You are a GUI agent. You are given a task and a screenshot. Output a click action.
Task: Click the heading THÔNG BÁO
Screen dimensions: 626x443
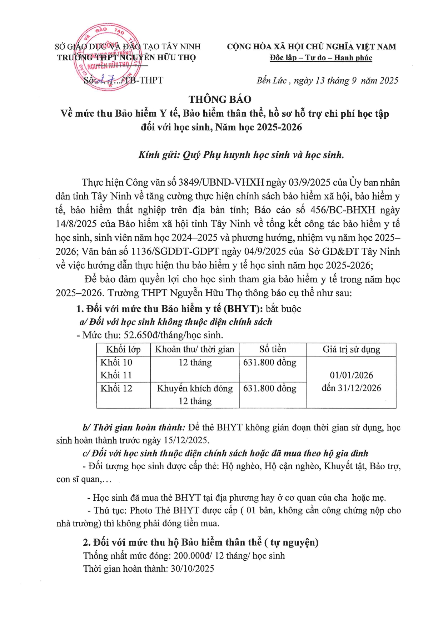(x=220, y=99)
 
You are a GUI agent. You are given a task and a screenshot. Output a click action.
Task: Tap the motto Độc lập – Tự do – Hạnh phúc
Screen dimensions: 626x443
(x=321, y=58)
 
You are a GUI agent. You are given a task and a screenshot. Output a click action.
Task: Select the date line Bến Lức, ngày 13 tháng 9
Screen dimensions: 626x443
(x=327, y=81)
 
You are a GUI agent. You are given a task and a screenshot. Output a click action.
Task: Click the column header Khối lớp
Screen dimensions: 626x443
(x=123, y=349)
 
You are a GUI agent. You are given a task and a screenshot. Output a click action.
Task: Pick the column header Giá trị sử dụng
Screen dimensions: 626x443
(x=351, y=349)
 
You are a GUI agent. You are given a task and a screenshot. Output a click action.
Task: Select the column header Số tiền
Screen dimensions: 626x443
(x=273, y=349)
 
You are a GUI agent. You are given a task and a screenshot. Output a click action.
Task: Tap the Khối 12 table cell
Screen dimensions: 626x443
(x=116, y=388)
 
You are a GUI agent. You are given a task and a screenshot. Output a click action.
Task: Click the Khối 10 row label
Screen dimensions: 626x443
(x=116, y=363)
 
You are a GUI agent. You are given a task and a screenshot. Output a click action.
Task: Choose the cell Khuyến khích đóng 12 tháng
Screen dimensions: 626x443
(x=195, y=395)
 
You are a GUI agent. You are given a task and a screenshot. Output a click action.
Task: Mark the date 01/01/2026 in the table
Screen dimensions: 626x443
(x=351, y=375)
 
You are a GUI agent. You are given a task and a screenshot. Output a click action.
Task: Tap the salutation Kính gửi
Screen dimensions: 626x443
(x=159, y=155)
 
